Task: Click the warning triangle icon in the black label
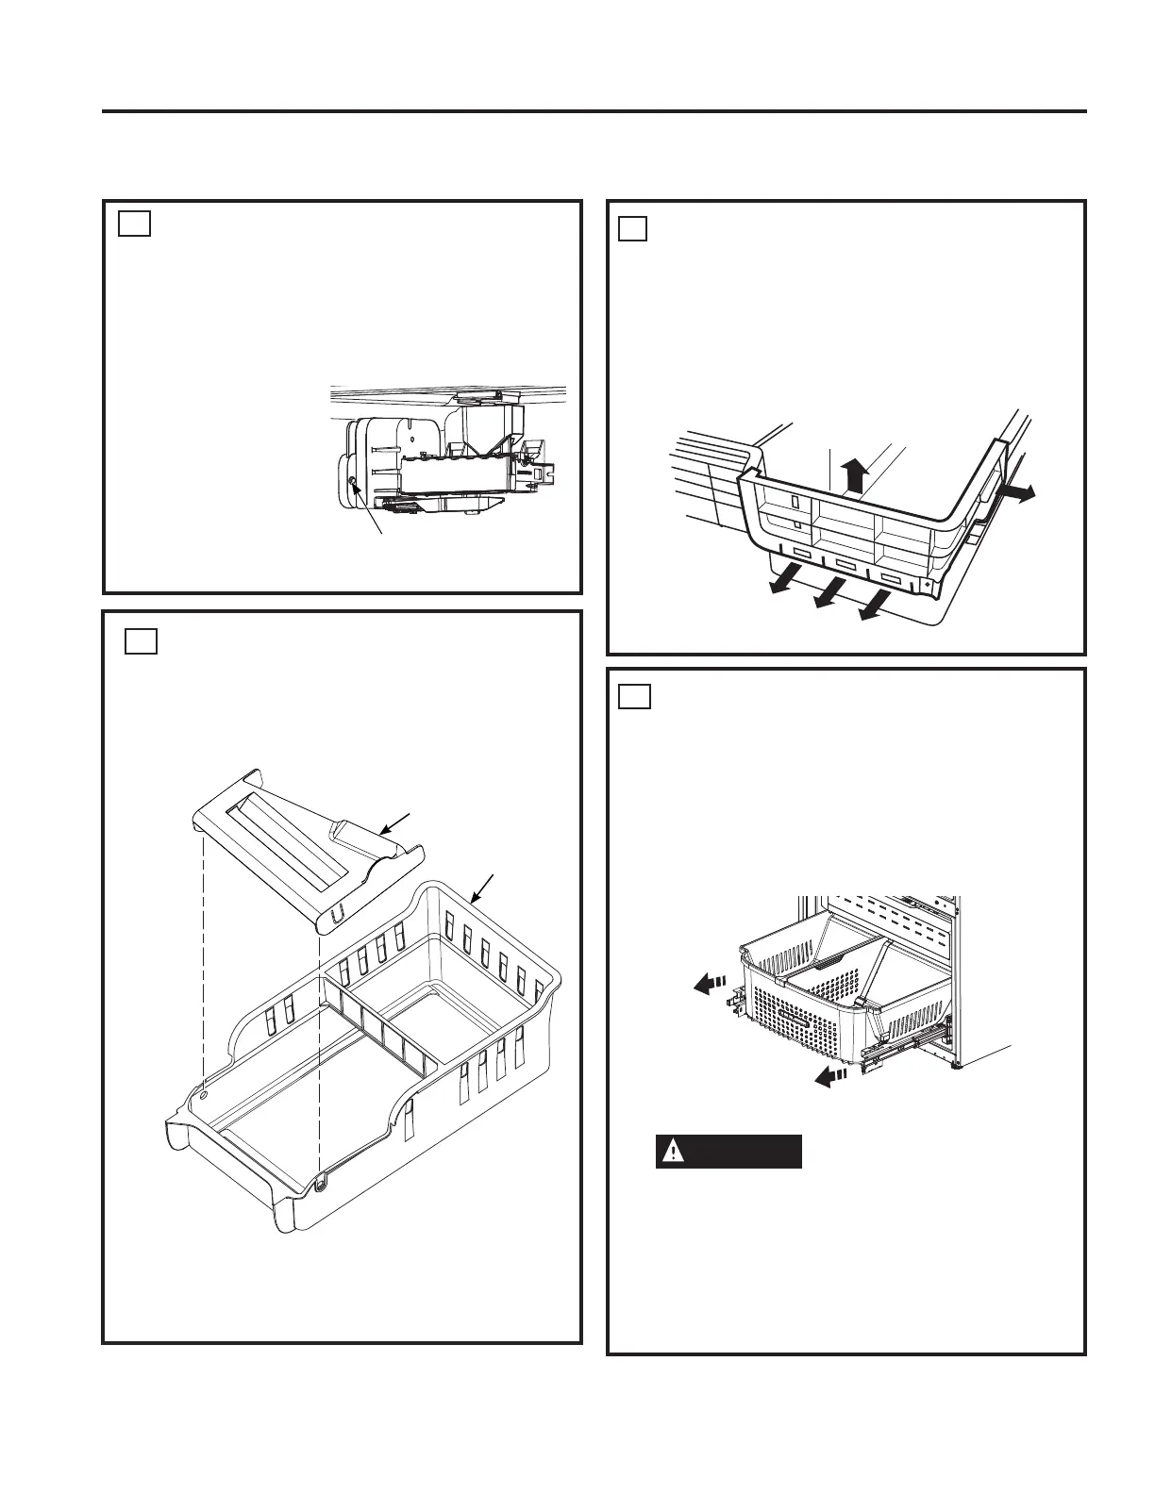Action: [x=673, y=1152]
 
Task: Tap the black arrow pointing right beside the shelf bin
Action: [x=1018, y=492]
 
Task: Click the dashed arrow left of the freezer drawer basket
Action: [x=706, y=985]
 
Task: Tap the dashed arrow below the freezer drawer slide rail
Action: [x=830, y=1076]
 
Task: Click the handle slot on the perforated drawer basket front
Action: [x=791, y=1024]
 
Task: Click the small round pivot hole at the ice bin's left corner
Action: [x=205, y=1095]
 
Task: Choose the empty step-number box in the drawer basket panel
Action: [x=632, y=696]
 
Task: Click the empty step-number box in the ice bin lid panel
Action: [x=142, y=641]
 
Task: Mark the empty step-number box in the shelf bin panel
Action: [x=633, y=228]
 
